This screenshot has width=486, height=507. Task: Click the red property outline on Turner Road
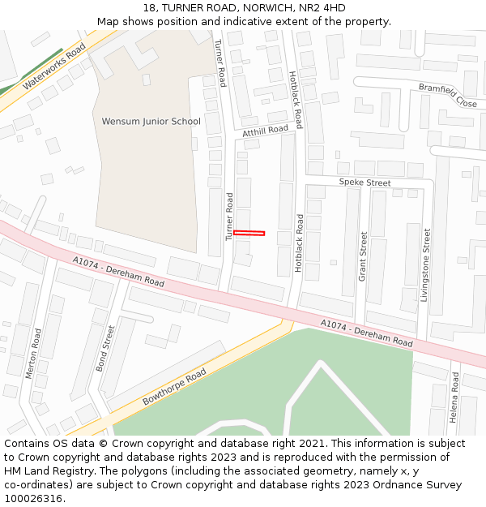(249, 234)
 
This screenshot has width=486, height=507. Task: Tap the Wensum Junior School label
(151, 122)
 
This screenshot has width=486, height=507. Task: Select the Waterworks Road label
(54, 67)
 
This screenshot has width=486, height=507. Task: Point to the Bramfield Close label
(447, 95)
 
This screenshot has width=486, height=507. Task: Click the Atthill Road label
(265, 130)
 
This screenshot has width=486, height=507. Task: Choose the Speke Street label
(364, 183)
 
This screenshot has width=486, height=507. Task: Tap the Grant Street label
(363, 256)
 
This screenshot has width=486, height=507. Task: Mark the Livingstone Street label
(425, 264)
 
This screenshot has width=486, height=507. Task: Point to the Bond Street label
(105, 349)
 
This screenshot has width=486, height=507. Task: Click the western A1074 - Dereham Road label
(118, 272)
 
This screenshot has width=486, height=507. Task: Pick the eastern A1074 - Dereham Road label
(366, 333)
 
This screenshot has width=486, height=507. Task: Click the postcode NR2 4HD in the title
(325, 8)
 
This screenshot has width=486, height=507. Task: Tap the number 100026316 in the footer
(34, 498)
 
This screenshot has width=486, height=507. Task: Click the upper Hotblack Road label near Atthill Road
(296, 99)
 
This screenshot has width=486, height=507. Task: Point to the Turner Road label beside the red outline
(229, 217)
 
